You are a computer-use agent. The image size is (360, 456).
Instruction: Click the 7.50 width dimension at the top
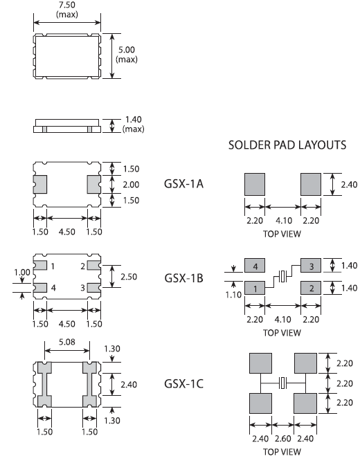click(67, 5)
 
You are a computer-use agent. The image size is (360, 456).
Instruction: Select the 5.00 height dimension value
click(127, 50)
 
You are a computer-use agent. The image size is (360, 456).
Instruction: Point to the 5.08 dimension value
click(67, 342)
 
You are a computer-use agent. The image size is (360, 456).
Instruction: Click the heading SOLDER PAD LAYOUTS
click(287, 145)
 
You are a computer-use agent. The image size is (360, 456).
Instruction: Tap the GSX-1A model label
click(183, 184)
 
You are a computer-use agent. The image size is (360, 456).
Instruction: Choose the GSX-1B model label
click(183, 278)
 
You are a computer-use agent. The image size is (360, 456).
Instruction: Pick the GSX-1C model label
click(183, 384)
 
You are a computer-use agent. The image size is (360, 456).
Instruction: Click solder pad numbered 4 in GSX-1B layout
click(255, 266)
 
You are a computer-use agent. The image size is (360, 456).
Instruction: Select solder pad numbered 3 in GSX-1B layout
click(311, 266)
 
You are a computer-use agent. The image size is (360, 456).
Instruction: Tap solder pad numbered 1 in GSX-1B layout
click(255, 288)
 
